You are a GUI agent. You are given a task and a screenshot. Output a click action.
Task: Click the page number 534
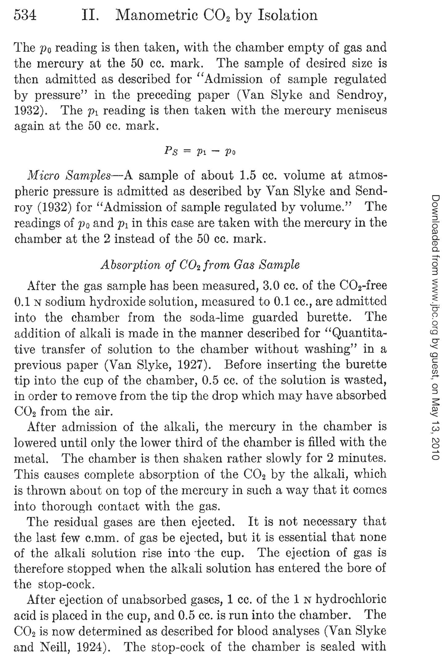pyautogui.click(x=25, y=15)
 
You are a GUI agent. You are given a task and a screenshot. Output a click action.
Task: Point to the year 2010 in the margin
pyautogui.click(x=435, y=448)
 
